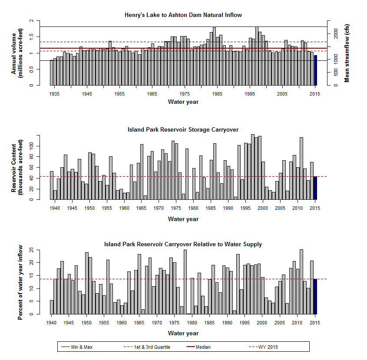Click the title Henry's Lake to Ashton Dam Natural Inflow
click(183, 15)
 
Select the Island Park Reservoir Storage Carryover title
click(183, 129)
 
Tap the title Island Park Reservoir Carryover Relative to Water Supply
click(183, 244)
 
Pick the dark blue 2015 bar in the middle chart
click(315, 188)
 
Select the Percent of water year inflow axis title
click(20, 282)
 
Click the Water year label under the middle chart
click(183, 219)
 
